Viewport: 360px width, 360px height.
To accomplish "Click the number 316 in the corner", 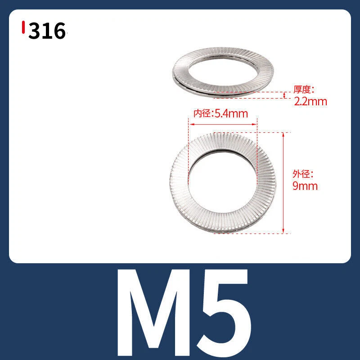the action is pyautogui.click(x=47, y=31).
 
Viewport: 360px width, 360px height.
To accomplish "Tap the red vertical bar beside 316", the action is pyautogui.click(x=23, y=27).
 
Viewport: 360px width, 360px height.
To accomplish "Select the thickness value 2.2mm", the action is pyautogui.click(x=310, y=102).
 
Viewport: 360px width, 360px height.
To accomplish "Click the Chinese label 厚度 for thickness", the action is pyautogui.click(x=302, y=89).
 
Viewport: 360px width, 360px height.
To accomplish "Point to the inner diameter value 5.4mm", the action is pyautogui.click(x=231, y=114).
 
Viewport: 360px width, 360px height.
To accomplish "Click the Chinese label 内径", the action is pyautogui.click(x=202, y=114).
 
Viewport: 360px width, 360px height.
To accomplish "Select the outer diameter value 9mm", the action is pyautogui.click(x=305, y=186).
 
